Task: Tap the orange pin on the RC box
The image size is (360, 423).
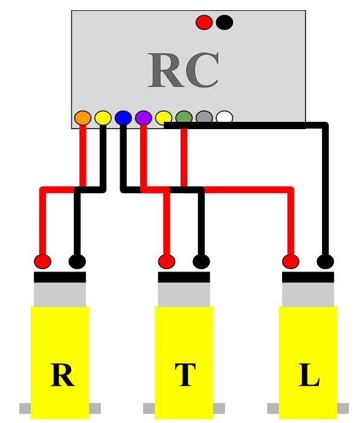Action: coord(83,118)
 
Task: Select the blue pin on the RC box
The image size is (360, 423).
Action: coord(123,118)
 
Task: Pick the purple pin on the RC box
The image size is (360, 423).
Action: coord(143,118)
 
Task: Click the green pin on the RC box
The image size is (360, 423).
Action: coord(184,118)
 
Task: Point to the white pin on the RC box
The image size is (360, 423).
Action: coord(224,118)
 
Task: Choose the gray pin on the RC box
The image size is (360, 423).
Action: coord(204,118)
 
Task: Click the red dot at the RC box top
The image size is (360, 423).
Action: coord(204,23)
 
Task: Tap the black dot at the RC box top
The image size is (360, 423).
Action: coord(224,23)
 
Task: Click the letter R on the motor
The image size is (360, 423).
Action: coord(62,376)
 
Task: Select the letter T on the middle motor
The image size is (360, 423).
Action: coord(185,376)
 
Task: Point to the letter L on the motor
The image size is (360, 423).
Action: coord(309,377)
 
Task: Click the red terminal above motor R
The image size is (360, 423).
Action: coord(42,262)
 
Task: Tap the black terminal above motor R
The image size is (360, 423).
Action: coord(77,262)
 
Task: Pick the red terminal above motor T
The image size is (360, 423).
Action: coord(167,262)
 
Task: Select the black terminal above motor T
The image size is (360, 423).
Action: coord(201,262)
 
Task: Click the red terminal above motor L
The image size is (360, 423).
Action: coord(291,262)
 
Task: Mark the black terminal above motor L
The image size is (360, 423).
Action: coord(325,262)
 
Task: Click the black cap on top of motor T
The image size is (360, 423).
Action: coord(184,278)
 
